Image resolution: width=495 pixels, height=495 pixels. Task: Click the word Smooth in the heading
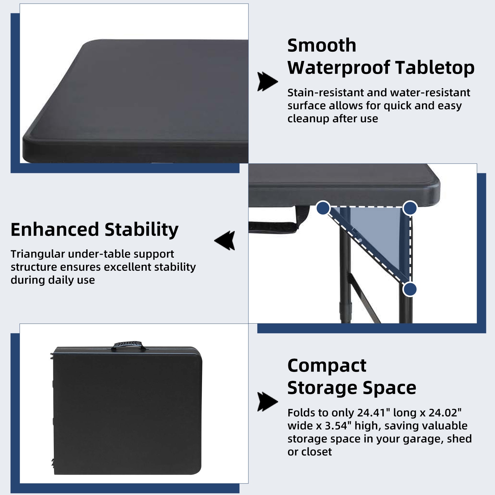click(322, 45)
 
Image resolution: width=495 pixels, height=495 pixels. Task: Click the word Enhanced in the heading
click(54, 230)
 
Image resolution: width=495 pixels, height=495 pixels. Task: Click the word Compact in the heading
click(327, 366)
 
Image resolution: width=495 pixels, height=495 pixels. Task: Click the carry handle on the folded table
click(128, 345)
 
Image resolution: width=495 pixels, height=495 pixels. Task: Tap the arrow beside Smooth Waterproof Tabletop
click(267, 82)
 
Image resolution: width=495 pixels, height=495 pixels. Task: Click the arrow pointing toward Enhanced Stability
click(225, 240)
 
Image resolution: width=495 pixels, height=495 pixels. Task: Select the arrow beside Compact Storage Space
click(267, 402)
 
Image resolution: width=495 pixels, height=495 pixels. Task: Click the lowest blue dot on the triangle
click(410, 290)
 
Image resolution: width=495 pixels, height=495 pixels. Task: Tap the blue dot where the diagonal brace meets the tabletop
click(323, 208)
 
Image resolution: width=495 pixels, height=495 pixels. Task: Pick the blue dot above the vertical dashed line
click(410, 208)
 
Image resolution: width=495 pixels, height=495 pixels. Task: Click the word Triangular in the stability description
click(38, 254)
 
